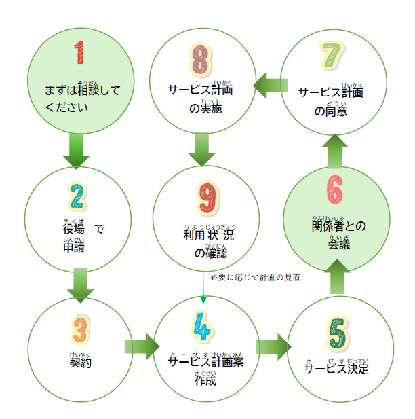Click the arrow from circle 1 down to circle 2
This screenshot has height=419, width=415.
pyautogui.click(x=76, y=151)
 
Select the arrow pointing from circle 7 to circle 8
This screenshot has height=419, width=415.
pyautogui.click(x=271, y=85)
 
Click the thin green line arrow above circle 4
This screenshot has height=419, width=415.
pyautogui.click(x=204, y=286)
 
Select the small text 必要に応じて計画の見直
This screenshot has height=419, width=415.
pyautogui.click(x=255, y=277)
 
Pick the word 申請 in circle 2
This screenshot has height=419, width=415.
pyautogui.click(x=73, y=247)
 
